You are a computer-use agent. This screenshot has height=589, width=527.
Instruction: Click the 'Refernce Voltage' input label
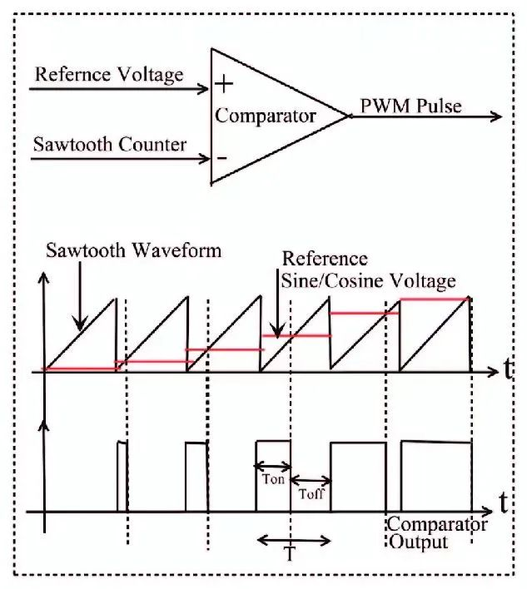[108, 75]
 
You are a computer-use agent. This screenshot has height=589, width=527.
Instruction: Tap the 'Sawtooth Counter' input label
[109, 144]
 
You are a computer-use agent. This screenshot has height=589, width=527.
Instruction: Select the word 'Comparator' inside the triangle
[266, 116]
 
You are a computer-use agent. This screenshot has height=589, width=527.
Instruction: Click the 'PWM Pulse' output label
[410, 106]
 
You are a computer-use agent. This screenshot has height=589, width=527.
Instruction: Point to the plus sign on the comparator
[224, 85]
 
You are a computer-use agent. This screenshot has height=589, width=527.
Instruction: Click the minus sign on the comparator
[222, 156]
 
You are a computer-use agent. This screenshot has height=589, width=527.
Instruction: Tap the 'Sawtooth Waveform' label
[134, 250]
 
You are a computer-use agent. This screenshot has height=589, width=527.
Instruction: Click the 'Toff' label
[311, 492]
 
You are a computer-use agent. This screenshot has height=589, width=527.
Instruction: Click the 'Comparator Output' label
[436, 533]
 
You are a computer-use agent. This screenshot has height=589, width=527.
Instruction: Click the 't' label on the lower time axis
[505, 502]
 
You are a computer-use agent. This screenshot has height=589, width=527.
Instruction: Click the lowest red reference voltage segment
[79, 369]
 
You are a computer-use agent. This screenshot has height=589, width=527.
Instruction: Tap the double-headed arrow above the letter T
[294, 541]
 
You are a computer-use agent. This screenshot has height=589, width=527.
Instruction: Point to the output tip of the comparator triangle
[347, 116]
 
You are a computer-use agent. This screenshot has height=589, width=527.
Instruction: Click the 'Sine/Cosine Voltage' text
[369, 280]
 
